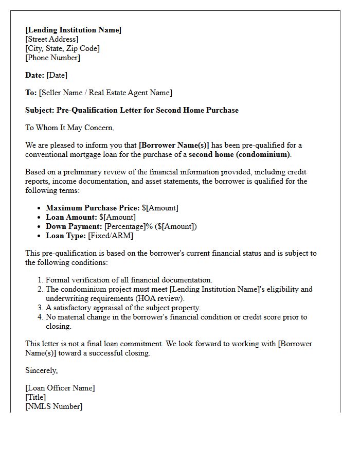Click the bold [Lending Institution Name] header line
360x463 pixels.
(74, 30)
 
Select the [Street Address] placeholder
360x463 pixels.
(52, 39)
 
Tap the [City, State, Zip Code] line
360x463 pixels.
(62, 48)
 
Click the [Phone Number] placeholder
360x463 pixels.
(52, 58)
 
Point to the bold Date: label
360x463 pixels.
(35, 75)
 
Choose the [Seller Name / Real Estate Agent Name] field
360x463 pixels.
(105, 93)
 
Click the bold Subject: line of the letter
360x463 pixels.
(132, 110)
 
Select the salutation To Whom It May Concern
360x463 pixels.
(69, 128)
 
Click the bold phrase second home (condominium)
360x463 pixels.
(240, 154)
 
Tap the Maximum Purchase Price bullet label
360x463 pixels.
(93, 208)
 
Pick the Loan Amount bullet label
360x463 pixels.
(71, 217)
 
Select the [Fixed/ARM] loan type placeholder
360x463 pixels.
(111, 236)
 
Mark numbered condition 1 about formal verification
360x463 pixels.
(129, 280)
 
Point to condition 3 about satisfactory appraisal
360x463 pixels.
(123, 308)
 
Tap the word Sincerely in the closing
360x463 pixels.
(42, 370)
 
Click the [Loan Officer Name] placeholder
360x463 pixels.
(60, 388)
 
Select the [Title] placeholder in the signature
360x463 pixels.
(35, 397)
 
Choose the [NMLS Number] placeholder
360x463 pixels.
(53, 406)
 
